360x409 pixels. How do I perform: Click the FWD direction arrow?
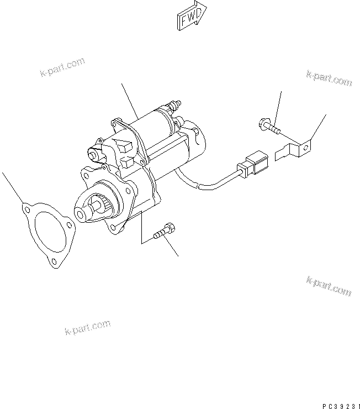click(x=191, y=15)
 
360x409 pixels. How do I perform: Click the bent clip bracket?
click(x=293, y=149)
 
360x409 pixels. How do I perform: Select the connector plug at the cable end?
click(x=251, y=164)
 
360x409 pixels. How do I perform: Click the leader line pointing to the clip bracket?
click(x=318, y=127)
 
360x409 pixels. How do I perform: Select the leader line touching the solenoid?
click(x=129, y=100)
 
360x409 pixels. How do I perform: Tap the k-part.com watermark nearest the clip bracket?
click(x=328, y=79)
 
